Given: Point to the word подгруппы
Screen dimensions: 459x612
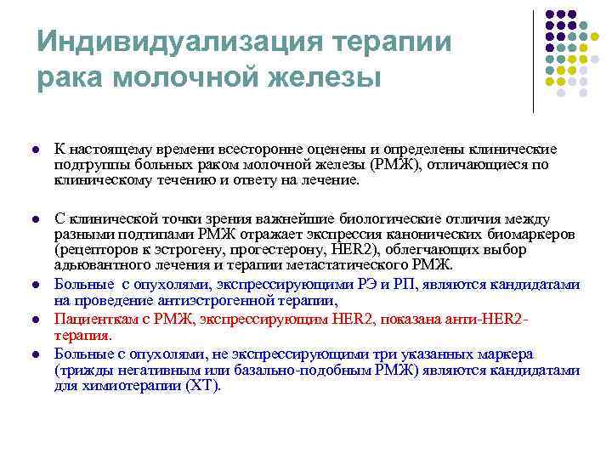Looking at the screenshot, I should (88, 165).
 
